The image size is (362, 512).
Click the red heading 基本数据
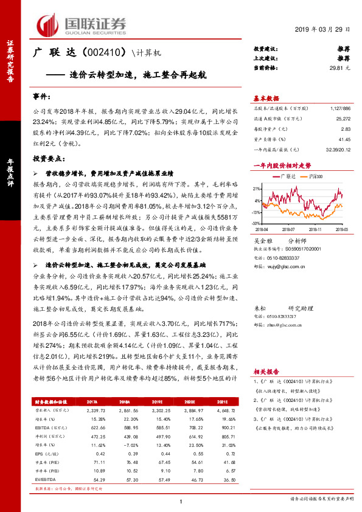tap(266, 99)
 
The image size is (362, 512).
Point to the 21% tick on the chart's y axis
tap(259, 189)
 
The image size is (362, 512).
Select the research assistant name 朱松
tap(259, 309)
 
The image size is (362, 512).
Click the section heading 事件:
tap(42, 97)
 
